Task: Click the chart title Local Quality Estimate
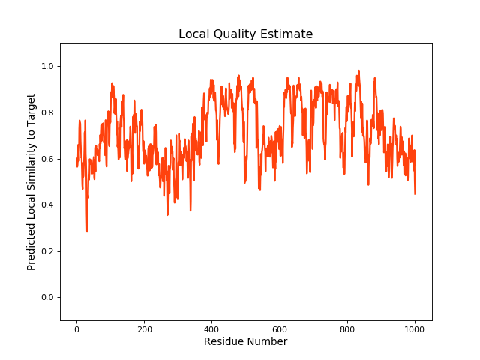tap(245, 34)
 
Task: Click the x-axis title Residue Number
tap(245, 342)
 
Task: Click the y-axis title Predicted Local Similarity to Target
tap(31, 182)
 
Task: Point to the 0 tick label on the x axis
tap(76, 328)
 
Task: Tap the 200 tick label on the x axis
tap(144, 328)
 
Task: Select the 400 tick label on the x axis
tap(211, 328)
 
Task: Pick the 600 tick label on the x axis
tap(280, 328)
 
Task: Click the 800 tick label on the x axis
tap(347, 328)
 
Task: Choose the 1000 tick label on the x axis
tap(415, 328)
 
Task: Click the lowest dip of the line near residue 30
tap(87, 231)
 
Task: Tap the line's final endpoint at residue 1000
tap(415, 194)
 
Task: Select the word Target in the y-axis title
tap(31, 110)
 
